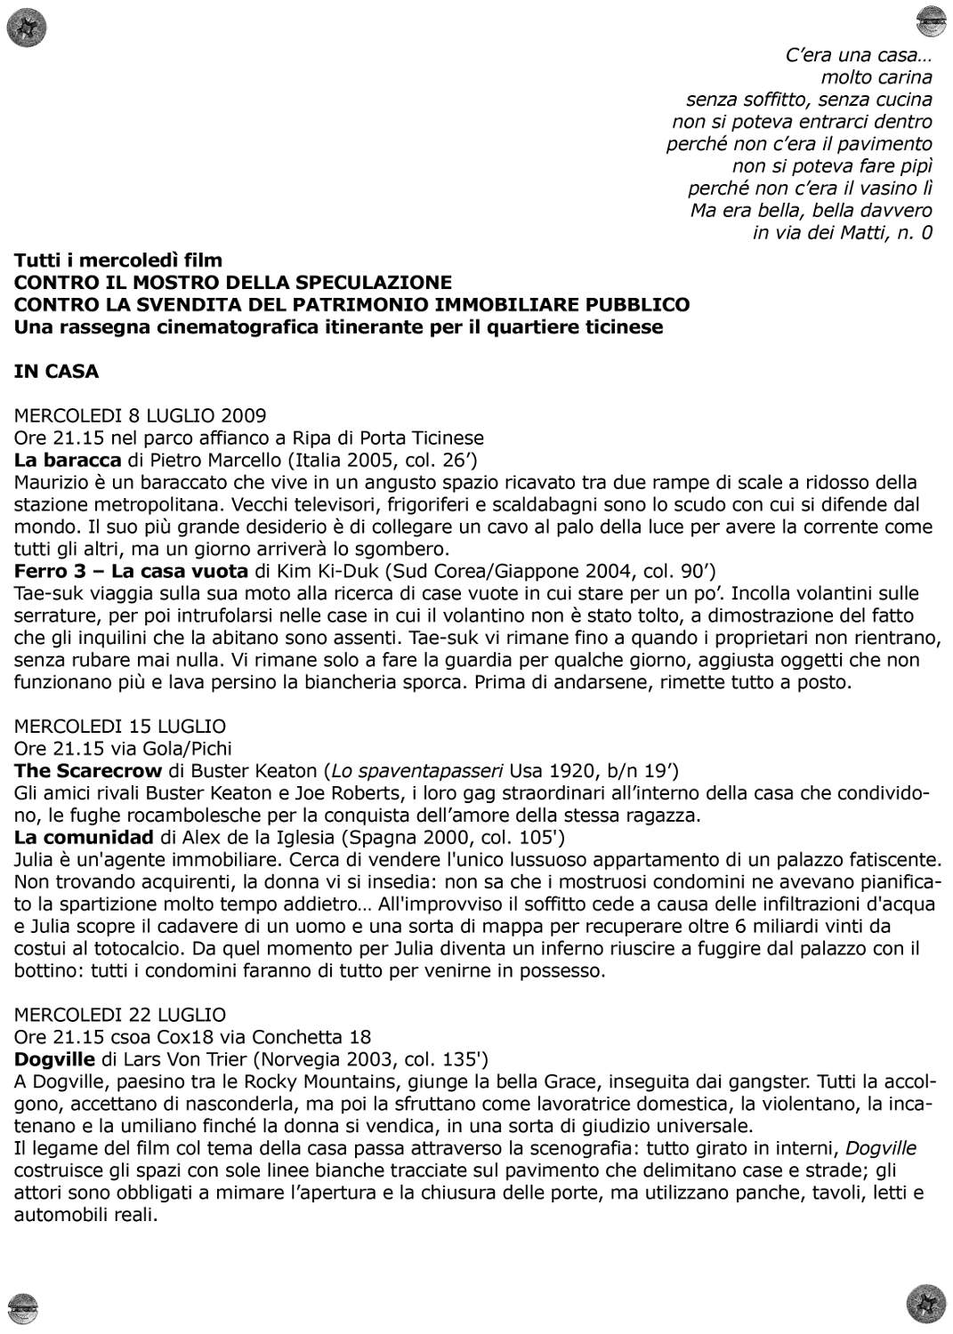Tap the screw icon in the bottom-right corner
point(925,1305)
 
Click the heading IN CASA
point(56,372)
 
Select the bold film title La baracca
point(68,460)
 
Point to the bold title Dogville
point(54,1059)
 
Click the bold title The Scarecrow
point(88,770)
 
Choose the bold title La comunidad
point(84,837)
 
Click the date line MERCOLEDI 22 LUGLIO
point(120,1015)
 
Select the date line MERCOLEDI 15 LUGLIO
point(120,726)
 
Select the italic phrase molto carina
point(876,77)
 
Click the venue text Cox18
point(184,1037)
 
